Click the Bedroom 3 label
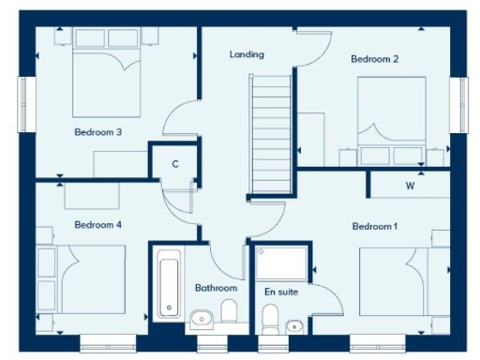click(97, 132)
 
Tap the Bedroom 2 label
click(374, 59)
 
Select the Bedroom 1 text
click(375, 226)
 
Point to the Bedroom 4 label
click(97, 225)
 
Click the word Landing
click(247, 54)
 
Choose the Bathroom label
click(216, 288)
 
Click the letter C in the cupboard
click(174, 164)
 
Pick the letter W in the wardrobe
click(410, 186)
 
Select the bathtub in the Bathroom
click(169, 282)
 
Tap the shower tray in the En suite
click(280, 263)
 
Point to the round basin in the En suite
click(294, 326)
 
